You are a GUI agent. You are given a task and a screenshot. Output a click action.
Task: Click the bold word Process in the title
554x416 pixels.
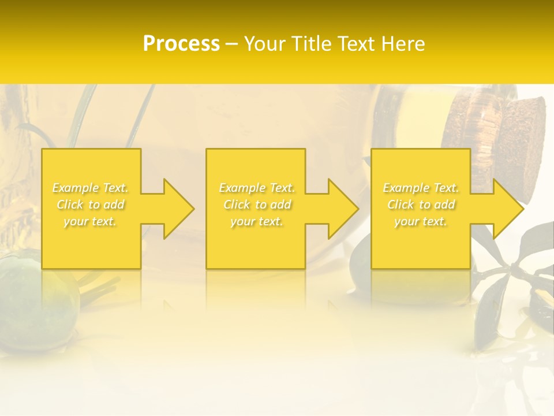(181, 43)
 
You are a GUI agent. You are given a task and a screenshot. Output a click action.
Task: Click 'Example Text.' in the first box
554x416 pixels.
(91, 188)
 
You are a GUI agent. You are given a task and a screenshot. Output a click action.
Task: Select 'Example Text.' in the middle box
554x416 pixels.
(257, 188)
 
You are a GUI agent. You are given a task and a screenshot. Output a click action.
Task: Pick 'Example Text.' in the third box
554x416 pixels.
(421, 188)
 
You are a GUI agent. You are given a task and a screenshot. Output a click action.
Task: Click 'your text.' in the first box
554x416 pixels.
(91, 221)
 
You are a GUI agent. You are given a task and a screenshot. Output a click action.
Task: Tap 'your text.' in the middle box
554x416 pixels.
(257, 221)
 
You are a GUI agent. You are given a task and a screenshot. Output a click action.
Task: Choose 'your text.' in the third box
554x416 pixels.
(421, 221)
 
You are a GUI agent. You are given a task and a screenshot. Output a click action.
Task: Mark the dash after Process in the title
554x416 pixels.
(231, 44)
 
